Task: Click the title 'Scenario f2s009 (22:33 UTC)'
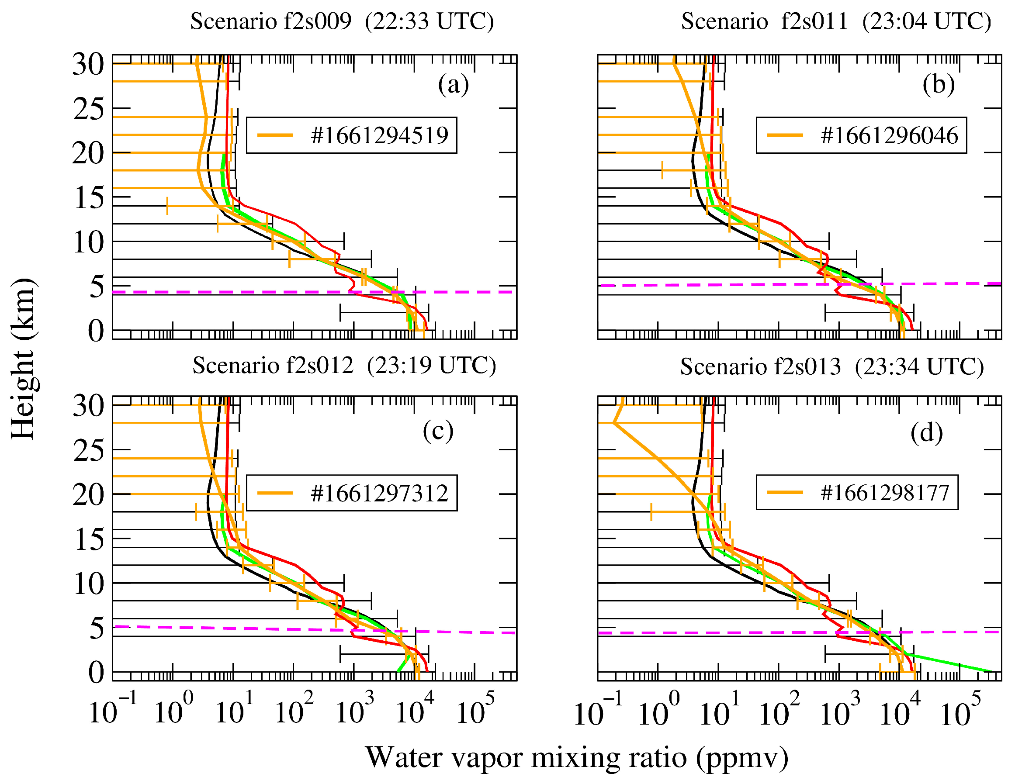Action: [x=342, y=21]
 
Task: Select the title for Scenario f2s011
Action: [x=835, y=21]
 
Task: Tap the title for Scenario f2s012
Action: [x=344, y=366]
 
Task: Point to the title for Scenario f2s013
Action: [x=832, y=367]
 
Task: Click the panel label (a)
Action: [x=453, y=85]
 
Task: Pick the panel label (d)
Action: [x=926, y=433]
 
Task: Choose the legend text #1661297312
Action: [x=379, y=493]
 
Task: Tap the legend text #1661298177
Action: [x=884, y=493]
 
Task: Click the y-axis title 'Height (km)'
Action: [x=23, y=358]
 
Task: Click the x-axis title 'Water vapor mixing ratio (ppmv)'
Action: [x=577, y=757]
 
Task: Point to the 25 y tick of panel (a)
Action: [x=88, y=110]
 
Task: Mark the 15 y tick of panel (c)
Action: [x=88, y=540]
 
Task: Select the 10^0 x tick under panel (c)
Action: [x=173, y=713]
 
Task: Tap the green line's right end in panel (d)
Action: [x=991, y=671]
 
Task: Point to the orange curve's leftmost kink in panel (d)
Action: [x=614, y=423]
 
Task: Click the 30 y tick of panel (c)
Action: [x=88, y=406]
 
